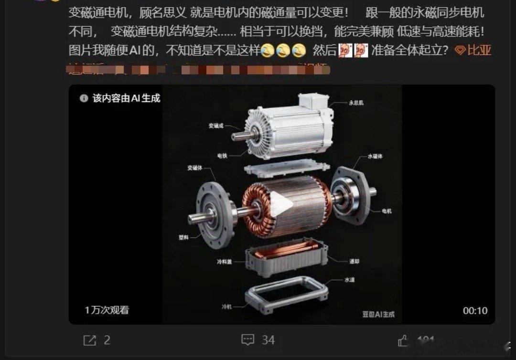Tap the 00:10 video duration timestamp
pyautogui.click(x=474, y=310)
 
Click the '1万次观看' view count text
pyautogui.click(x=107, y=310)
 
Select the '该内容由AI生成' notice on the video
pyautogui.click(x=120, y=98)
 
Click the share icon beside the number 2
pyautogui.click(x=89, y=340)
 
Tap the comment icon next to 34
pyautogui.click(x=247, y=340)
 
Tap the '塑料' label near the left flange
pyautogui.click(x=184, y=237)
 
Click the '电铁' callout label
pyautogui.click(x=222, y=156)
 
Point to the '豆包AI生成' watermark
pyautogui.click(x=378, y=314)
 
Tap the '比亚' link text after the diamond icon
pyautogui.click(x=479, y=50)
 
